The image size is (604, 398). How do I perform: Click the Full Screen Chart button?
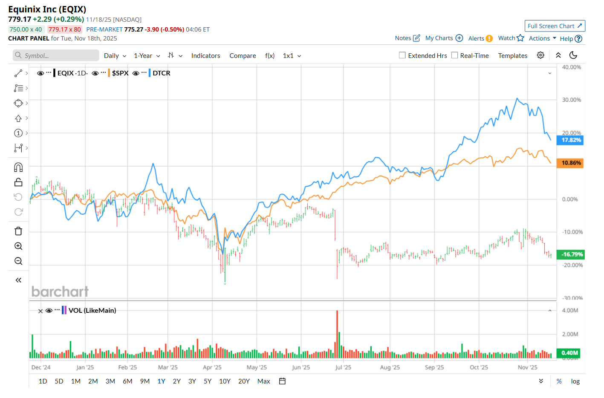555,26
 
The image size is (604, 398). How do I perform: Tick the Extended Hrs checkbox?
402,55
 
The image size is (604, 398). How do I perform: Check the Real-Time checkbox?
455,55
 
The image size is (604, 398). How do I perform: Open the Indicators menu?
205,56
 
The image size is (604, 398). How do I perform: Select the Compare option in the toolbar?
243,56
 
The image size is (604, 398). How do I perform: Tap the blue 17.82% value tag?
570,140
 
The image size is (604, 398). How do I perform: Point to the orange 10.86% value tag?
570,163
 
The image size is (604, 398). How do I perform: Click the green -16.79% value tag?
571,254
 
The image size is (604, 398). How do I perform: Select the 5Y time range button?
208,381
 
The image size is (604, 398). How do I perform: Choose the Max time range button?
263,381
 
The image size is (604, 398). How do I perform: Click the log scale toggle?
575,381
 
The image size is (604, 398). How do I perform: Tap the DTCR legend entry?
161,73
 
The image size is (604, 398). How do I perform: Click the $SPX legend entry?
120,73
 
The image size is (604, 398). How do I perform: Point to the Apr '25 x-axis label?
212,367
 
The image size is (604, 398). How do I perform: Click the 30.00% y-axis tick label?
571,100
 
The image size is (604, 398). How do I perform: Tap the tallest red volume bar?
337,335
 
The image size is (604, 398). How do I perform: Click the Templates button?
512,56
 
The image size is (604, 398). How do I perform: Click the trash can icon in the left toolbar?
18,231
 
